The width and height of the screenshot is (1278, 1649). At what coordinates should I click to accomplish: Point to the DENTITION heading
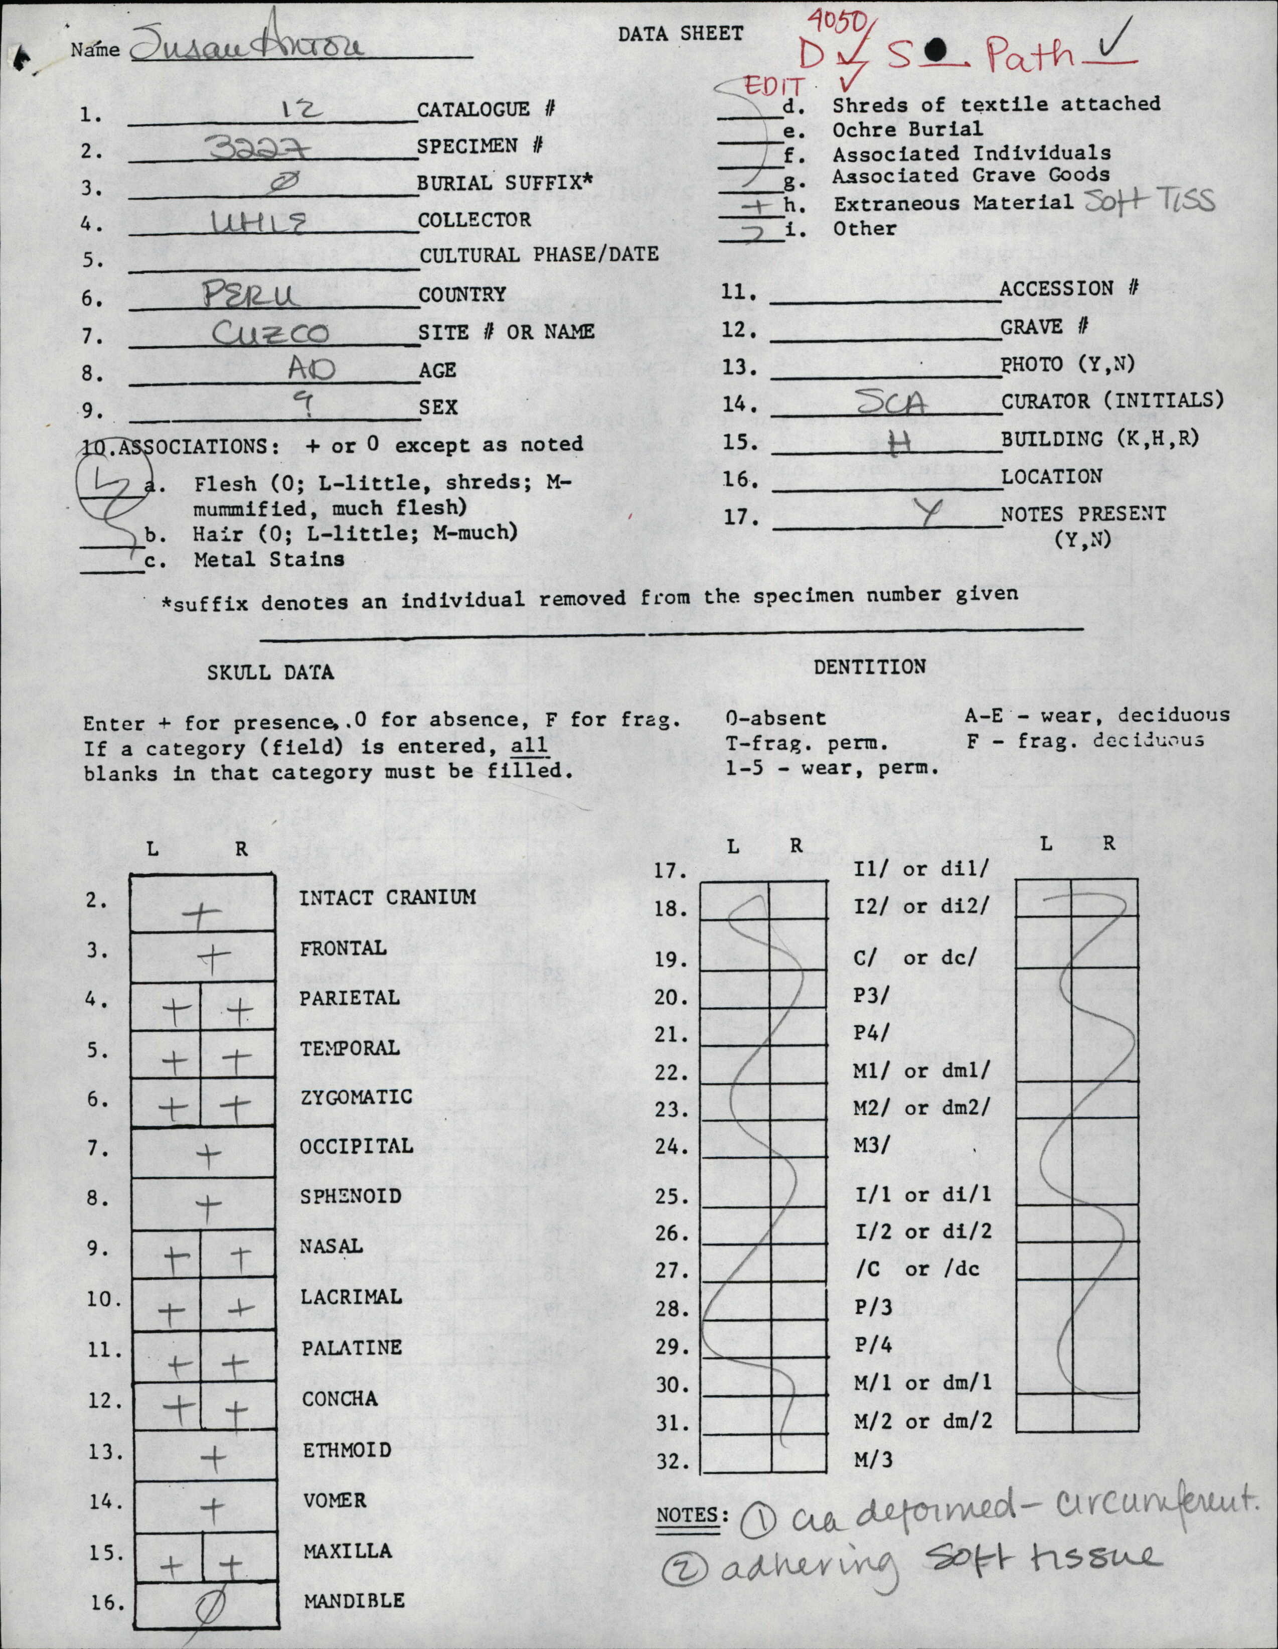point(869,667)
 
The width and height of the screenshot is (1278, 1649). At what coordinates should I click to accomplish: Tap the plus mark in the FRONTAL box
point(214,959)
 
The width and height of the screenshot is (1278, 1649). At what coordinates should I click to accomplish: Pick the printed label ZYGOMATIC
point(356,1096)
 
